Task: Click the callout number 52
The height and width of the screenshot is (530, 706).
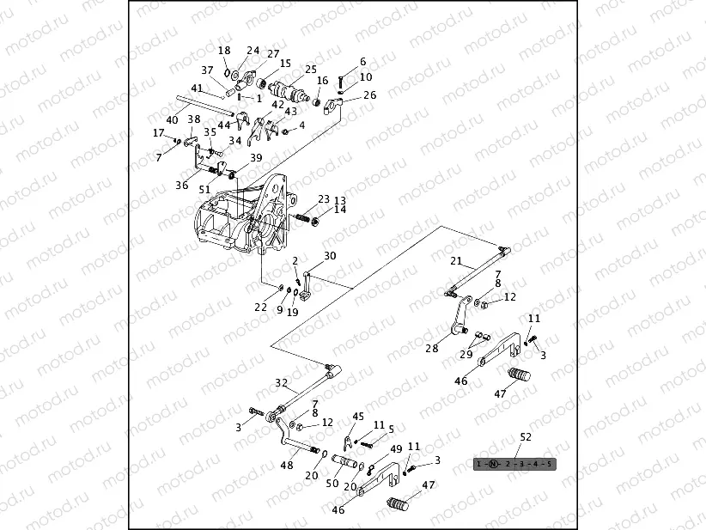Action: (526, 437)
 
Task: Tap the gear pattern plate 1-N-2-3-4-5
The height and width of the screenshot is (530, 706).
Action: (514, 464)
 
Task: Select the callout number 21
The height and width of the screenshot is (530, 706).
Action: (456, 261)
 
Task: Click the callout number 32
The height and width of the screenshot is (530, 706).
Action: (281, 383)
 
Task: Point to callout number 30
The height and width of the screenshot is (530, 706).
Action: (330, 256)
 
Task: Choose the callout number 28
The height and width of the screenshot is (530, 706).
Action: (431, 348)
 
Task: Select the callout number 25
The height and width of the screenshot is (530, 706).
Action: (310, 69)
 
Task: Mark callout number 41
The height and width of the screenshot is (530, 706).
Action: (197, 88)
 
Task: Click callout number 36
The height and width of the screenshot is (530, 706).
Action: (181, 185)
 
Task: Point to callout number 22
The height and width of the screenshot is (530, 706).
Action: (260, 307)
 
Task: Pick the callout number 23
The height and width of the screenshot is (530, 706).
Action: (323, 199)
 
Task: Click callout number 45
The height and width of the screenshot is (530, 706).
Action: (358, 417)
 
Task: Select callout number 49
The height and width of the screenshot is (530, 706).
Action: (396, 449)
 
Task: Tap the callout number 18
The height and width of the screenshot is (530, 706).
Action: (224, 51)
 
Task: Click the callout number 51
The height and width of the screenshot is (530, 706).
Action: (204, 189)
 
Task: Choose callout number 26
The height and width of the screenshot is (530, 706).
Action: (369, 95)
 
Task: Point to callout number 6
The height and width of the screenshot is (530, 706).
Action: (362, 62)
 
